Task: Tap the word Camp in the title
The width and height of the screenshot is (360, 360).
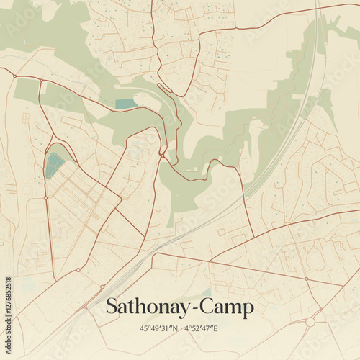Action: click(x=226, y=307)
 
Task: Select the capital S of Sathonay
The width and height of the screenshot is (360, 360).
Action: click(x=112, y=307)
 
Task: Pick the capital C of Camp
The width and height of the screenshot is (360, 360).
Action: click(x=206, y=307)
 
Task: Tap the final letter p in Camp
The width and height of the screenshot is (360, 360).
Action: click(x=248, y=310)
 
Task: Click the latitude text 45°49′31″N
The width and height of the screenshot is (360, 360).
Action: click(x=156, y=328)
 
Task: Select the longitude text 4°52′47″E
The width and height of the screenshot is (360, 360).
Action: click(x=201, y=328)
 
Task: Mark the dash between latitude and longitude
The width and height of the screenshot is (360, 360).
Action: click(x=179, y=328)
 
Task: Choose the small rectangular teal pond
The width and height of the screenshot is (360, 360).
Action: click(x=125, y=104)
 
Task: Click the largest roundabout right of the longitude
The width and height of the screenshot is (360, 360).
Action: click(x=310, y=322)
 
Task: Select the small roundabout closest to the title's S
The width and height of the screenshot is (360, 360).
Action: click(x=103, y=286)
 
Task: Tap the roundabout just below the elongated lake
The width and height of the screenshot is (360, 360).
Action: click(x=45, y=197)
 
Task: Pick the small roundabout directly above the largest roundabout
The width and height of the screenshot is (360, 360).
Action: click(x=306, y=279)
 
